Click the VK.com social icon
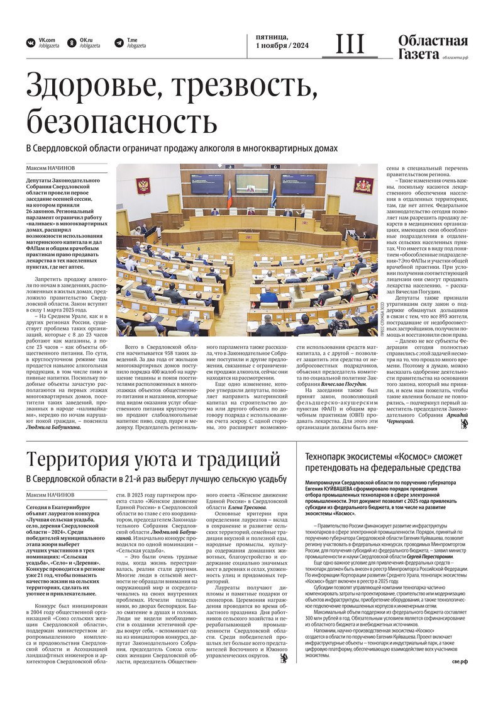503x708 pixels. (x=30, y=43)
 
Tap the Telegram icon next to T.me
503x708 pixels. (x=119, y=43)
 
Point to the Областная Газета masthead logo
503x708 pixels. (x=433, y=47)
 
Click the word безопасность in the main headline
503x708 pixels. (x=122, y=118)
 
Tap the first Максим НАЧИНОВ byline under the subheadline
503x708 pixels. (x=50, y=169)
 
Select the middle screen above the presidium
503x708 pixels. (x=252, y=183)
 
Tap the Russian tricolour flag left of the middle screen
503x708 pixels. (x=229, y=192)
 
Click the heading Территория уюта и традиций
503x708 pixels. (x=153, y=458)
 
